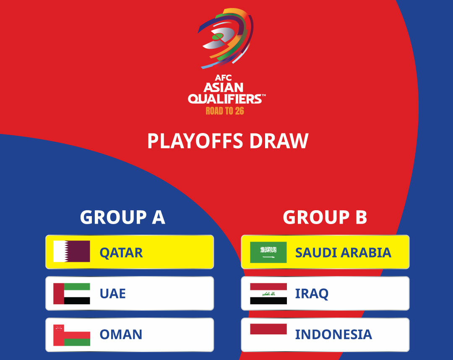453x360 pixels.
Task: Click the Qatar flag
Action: point(72,251)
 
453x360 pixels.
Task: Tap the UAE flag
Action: point(72,294)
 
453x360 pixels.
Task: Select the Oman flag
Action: point(72,335)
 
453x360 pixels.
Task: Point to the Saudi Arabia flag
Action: point(268,252)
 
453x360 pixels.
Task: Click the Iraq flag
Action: point(268,294)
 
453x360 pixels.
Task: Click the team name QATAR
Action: point(121,253)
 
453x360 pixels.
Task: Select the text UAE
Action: point(113,294)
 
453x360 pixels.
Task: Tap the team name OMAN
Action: point(121,334)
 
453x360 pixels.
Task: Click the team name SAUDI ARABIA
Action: point(343,253)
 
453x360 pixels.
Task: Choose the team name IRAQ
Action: point(312,294)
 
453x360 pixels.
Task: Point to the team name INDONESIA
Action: point(333,334)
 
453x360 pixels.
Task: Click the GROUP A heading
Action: point(122,217)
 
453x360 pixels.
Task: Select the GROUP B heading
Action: point(325,217)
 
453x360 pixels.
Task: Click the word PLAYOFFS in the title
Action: point(195,141)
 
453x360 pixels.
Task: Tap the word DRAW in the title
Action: point(279,141)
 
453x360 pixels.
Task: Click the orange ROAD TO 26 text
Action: point(225,111)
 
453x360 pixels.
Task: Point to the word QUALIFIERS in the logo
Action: point(226,99)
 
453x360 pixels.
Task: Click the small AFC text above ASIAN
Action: point(223,78)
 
